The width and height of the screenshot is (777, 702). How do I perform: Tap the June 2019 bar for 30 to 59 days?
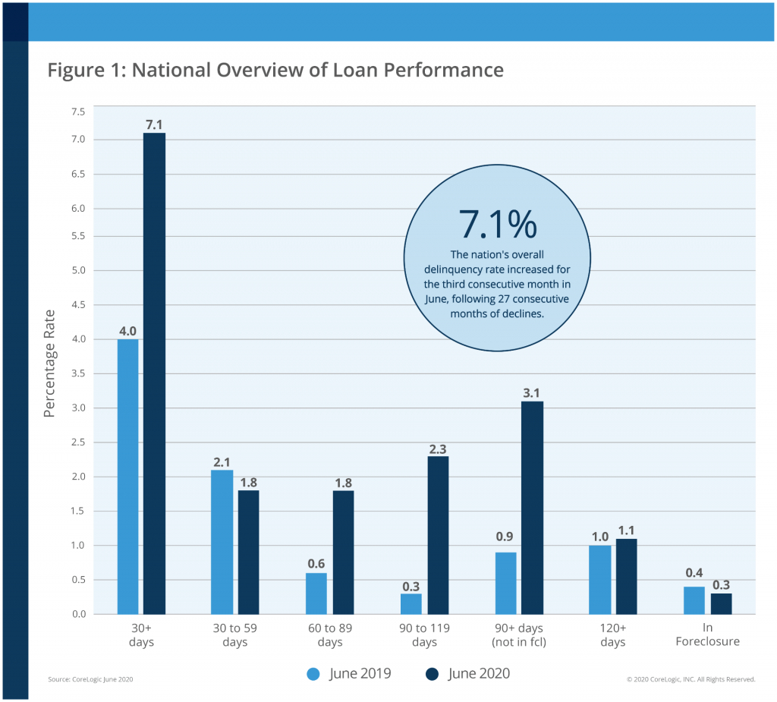222,542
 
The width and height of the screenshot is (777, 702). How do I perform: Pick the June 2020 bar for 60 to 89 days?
342,552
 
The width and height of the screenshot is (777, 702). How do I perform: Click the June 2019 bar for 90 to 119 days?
411,604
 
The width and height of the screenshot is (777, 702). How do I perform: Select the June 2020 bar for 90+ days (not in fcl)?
531,508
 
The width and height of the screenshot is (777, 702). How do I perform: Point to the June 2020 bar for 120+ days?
626,577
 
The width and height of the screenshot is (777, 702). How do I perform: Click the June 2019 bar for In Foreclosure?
694,600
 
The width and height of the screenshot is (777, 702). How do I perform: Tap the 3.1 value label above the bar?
531,393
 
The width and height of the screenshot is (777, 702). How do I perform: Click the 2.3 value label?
438,449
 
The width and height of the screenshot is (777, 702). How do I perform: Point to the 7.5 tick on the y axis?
78,112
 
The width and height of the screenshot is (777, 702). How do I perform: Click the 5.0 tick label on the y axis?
78,270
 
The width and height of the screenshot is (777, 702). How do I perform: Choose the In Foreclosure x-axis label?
707,635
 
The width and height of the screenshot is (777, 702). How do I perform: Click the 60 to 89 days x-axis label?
330,635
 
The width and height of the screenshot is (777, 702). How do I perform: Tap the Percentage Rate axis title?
50,363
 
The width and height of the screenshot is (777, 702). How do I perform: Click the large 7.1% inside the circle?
497,224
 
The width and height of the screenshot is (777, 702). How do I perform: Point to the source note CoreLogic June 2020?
90,679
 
